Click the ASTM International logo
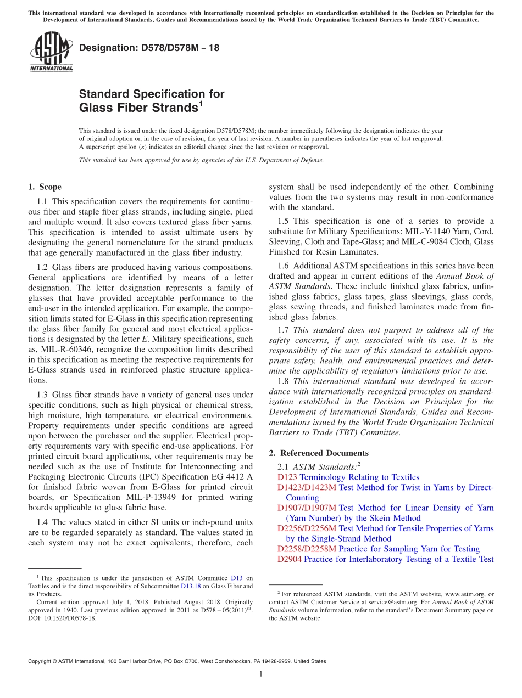51,52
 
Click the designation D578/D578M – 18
149,48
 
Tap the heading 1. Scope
45,187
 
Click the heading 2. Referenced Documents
319,453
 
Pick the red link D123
287,477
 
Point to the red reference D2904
289,559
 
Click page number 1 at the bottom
261,674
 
